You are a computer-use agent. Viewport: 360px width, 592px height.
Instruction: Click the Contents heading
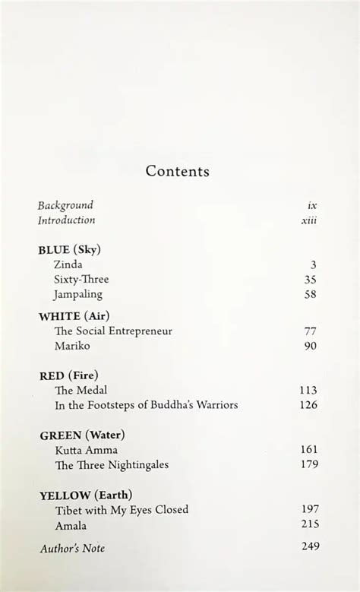tap(177, 171)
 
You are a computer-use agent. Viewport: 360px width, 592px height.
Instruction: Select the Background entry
tap(65, 205)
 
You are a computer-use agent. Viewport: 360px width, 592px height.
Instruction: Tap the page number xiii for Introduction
tap(308, 220)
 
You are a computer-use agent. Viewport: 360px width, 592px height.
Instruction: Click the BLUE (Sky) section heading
tap(69, 249)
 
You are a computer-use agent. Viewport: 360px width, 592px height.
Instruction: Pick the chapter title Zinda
tap(68, 264)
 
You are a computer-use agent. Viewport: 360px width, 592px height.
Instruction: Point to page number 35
tap(310, 279)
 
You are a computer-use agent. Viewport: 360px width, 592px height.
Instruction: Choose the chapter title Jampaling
tap(78, 294)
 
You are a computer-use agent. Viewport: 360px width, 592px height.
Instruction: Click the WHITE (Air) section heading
tap(73, 316)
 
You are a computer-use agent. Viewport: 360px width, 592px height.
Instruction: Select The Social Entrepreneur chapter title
tap(114, 331)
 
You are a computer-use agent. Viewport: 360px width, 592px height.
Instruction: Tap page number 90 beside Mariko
tap(310, 346)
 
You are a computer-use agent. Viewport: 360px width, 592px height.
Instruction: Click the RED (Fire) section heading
tap(68, 375)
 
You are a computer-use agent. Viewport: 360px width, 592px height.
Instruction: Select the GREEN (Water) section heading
tap(81, 435)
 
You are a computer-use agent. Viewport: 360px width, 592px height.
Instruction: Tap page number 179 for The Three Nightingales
tap(308, 464)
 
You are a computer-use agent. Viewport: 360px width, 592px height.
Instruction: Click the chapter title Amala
tap(71, 524)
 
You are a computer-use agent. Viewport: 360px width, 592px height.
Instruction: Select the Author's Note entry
tap(71, 548)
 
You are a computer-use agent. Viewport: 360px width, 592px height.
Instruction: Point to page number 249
tap(308, 546)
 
